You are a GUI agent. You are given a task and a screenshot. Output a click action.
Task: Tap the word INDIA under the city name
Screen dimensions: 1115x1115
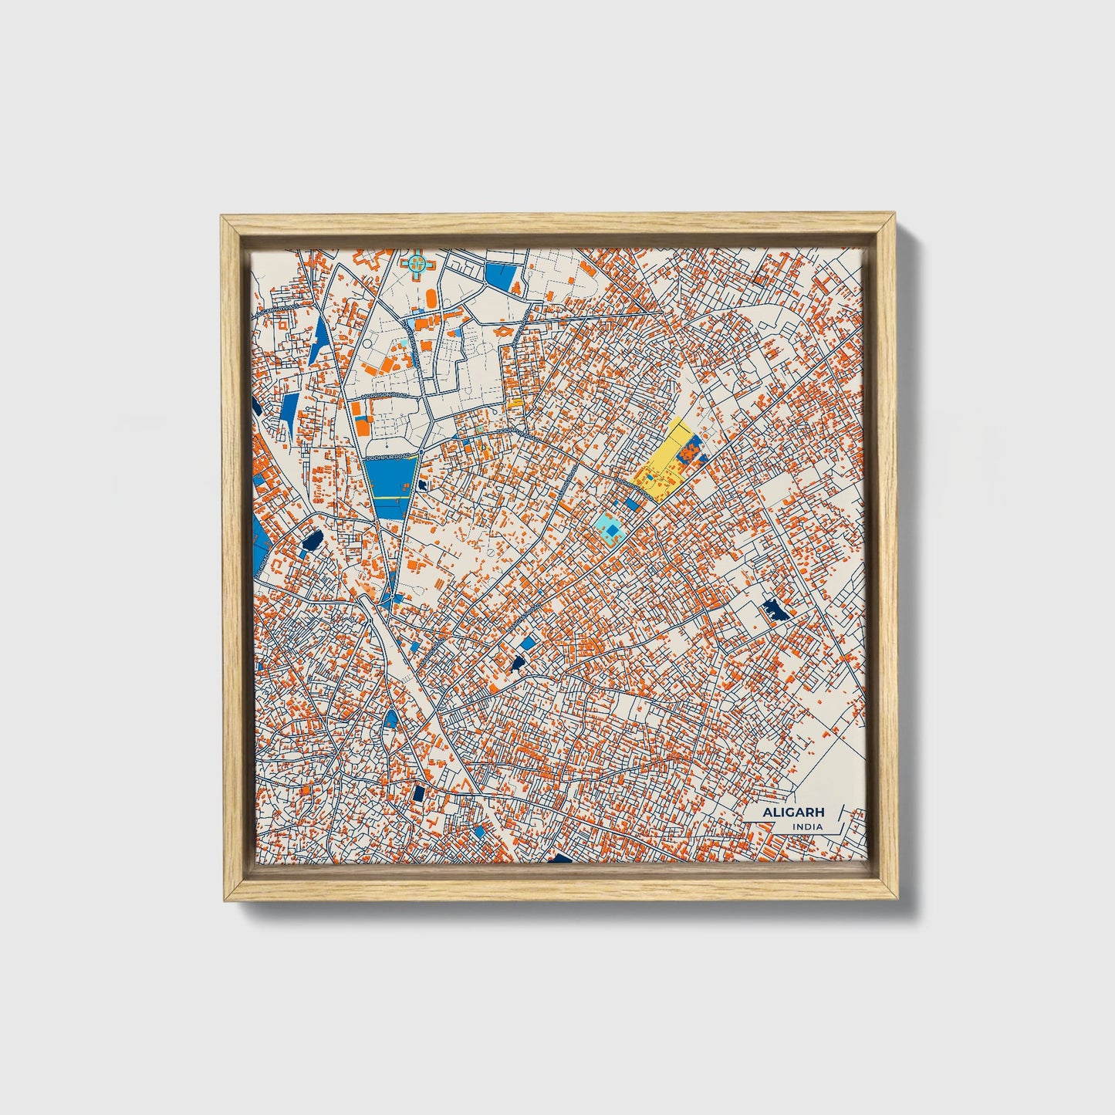point(807,827)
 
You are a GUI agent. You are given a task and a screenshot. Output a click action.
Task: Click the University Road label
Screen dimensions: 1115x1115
point(416,356)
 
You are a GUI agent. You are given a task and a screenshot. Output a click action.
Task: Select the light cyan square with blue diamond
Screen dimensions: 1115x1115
point(610,529)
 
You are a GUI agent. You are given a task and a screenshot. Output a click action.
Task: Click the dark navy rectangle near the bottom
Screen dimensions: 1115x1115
point(419,792)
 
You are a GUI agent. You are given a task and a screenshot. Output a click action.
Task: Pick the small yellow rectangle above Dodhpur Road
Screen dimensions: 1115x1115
point(515,402)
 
